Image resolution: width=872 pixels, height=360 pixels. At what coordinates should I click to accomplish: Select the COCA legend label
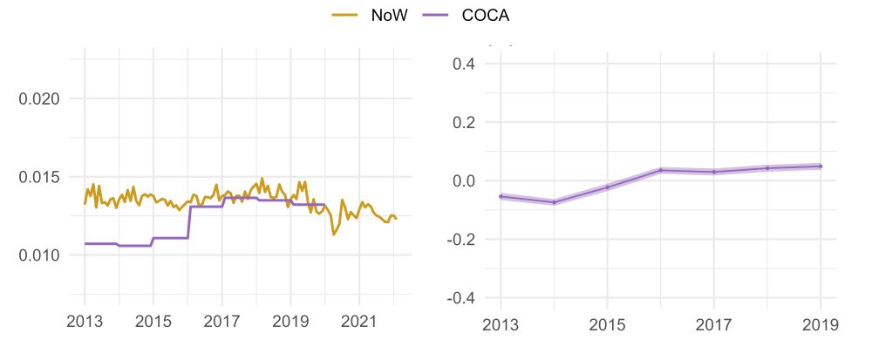(486, 16)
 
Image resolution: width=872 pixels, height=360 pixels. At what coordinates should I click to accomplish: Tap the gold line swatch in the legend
(345, 16)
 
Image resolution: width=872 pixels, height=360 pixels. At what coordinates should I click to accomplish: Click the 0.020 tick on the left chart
(39, 98)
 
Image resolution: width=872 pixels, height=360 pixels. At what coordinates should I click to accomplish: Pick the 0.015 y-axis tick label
(39, 177)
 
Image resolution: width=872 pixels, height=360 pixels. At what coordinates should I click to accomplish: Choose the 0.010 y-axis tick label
(39, 255)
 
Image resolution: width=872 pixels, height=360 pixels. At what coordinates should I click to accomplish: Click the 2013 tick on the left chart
(85, 323)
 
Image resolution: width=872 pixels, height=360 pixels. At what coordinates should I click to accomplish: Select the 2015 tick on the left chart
(153, 323)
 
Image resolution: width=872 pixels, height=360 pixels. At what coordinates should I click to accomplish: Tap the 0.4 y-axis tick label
(462, 64)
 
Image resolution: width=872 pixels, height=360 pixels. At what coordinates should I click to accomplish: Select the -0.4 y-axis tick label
(459, 297)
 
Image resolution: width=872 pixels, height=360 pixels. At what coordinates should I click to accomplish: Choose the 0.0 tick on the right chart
(462, 181)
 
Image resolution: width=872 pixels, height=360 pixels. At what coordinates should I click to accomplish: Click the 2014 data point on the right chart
(554, 202)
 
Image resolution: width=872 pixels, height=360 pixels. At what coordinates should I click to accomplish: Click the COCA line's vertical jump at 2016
(188, 222)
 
